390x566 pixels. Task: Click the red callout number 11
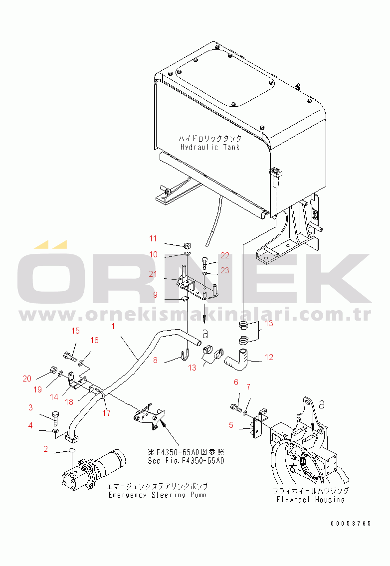153,238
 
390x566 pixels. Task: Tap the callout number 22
225,255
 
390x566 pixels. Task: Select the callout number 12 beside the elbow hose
269,357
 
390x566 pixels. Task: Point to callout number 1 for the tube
113,326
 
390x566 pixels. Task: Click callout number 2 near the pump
45,449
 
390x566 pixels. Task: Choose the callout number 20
27,378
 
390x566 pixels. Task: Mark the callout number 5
231,425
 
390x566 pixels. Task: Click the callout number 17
107,412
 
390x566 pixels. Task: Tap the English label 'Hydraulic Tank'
210,147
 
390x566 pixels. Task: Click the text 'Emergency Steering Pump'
158,495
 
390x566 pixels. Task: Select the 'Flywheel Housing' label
311,500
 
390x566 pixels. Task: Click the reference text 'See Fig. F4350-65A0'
186,461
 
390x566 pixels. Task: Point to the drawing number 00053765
351,524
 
